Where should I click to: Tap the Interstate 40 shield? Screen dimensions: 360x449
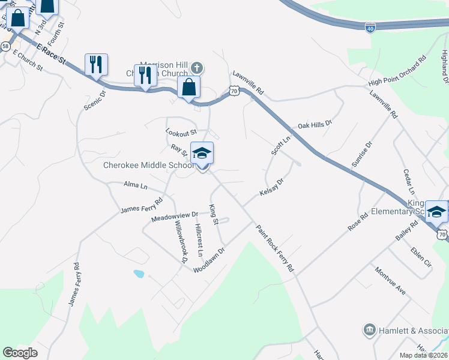(370, 28)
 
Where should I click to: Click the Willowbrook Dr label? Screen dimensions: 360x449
(181, 242)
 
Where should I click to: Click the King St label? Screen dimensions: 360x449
(213, 214)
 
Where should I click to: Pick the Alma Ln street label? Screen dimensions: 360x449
(135, 185)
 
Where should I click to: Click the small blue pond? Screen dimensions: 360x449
(139, 274)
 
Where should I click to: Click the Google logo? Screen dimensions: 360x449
(20, 352)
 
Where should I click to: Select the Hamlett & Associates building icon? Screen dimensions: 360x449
(369, 330)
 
